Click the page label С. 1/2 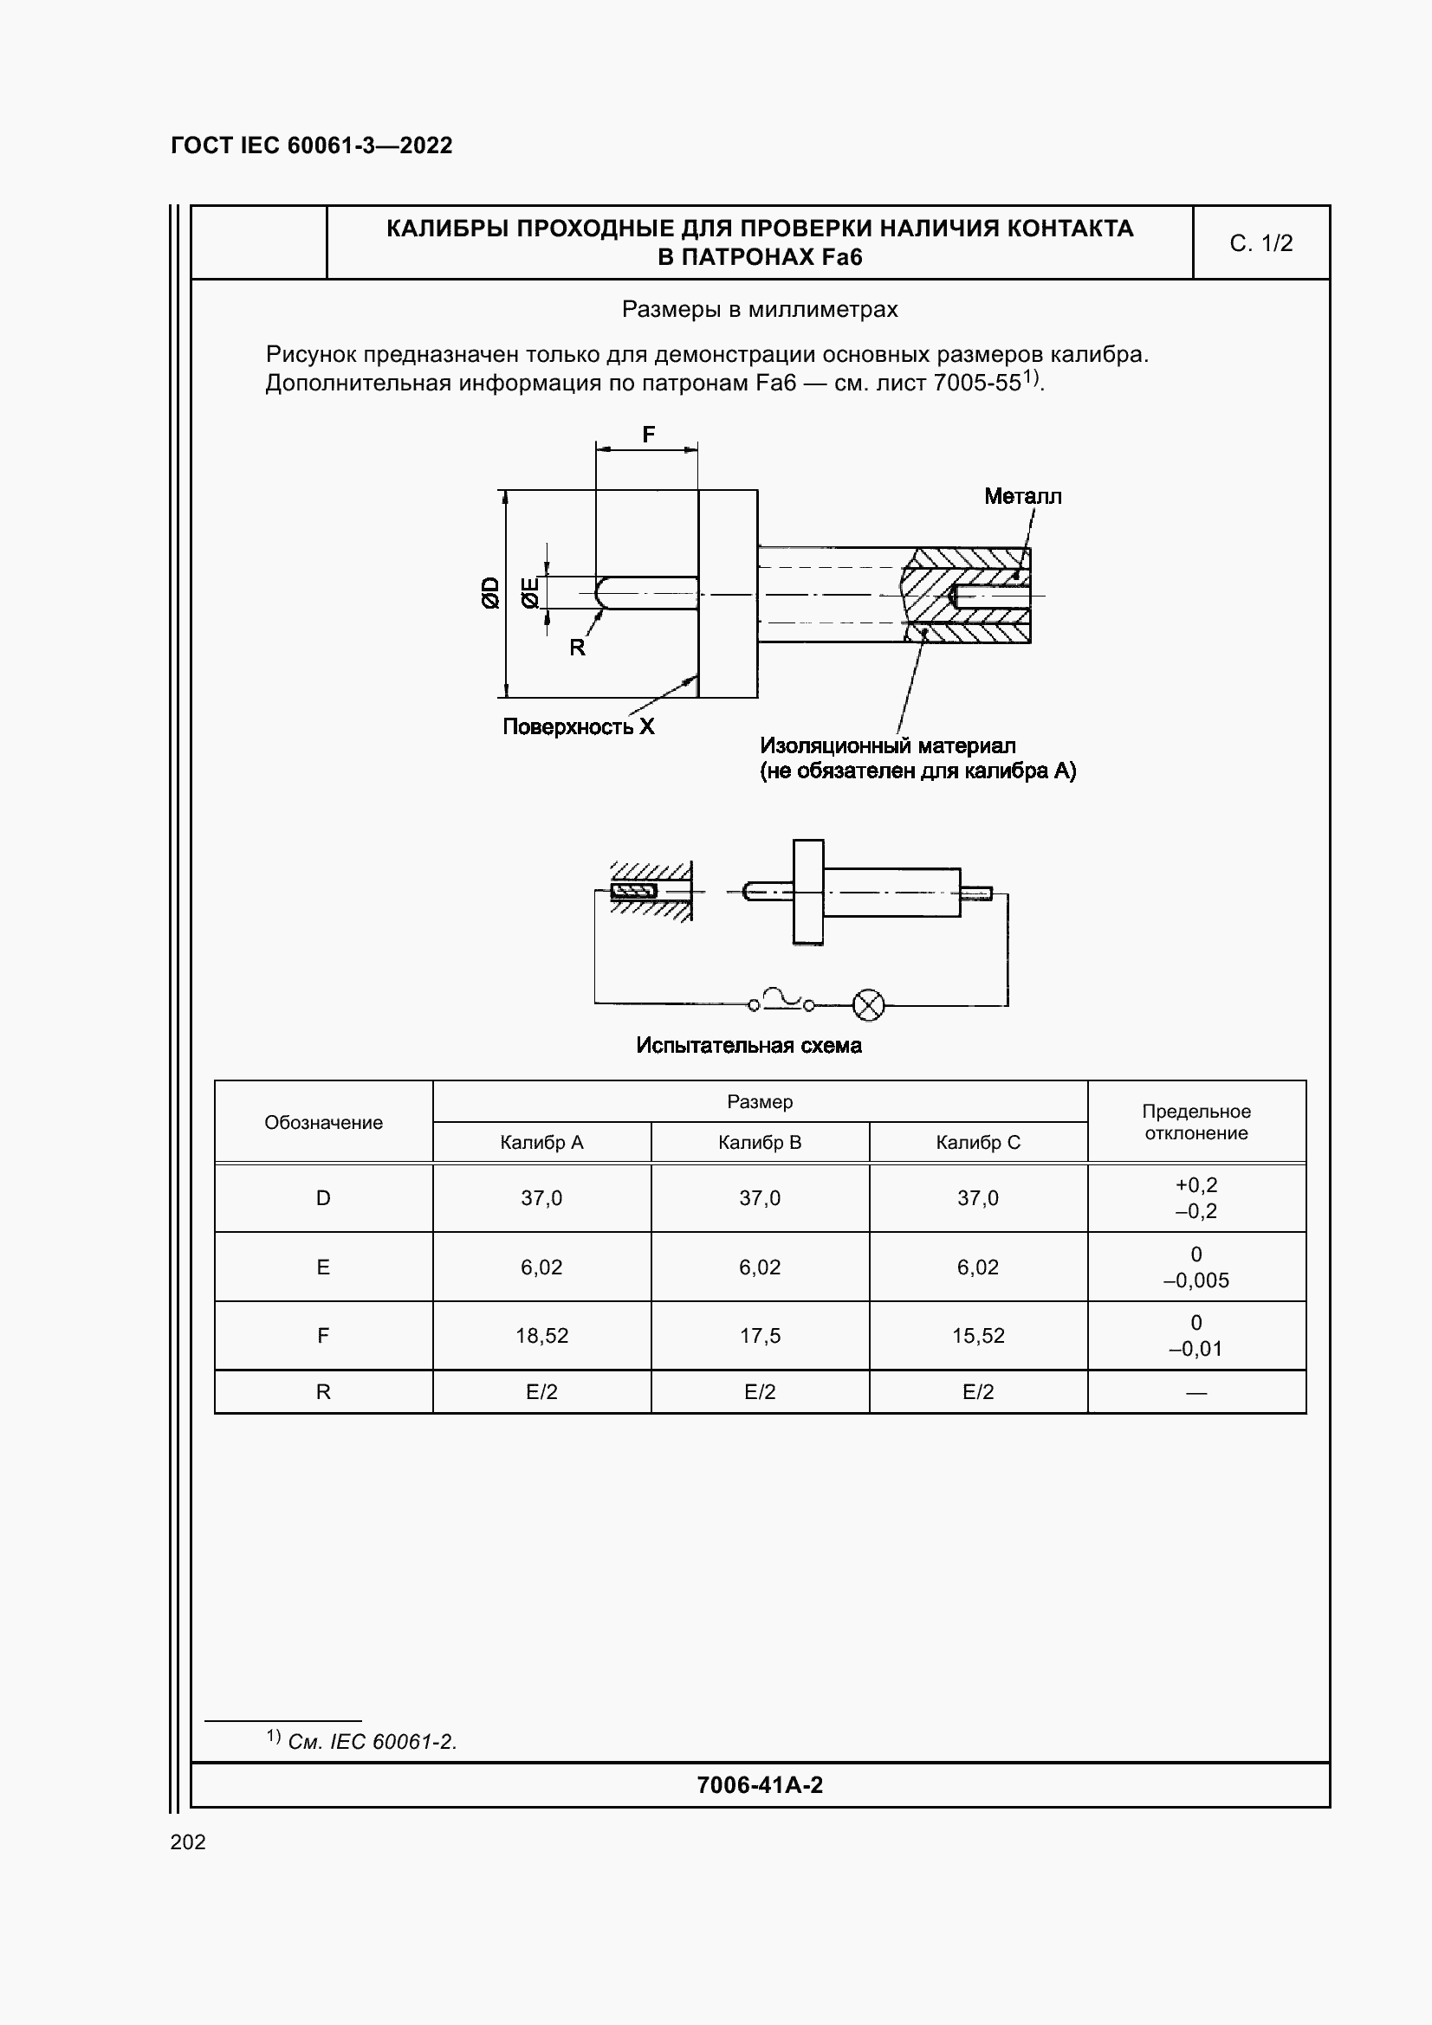[x=1260, y=243]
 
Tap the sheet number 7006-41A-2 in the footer [x=759, y=1785]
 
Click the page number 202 [x=188, y=1841]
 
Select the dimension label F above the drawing [x=649, y=435]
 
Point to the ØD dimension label [x=490, y=593]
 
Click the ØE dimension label [x=529, y=593]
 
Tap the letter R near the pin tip [x=577, y=648]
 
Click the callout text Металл [x=1022, y=497]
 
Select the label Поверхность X [x=578, y=726]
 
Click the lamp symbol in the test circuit [x=868, y=1005]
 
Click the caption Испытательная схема [x=748, y=1046]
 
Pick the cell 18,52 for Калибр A [x=541, y=1335]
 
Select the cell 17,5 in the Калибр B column [x=760, y=1335]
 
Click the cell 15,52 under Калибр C [x=977, y=1335]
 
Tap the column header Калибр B [x=760, y=1143]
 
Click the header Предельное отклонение [x=1195, y=1122]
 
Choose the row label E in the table [x=323, y=1267]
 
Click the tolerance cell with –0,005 [x=1195, y=1280]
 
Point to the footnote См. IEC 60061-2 [x=372, y=1742]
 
